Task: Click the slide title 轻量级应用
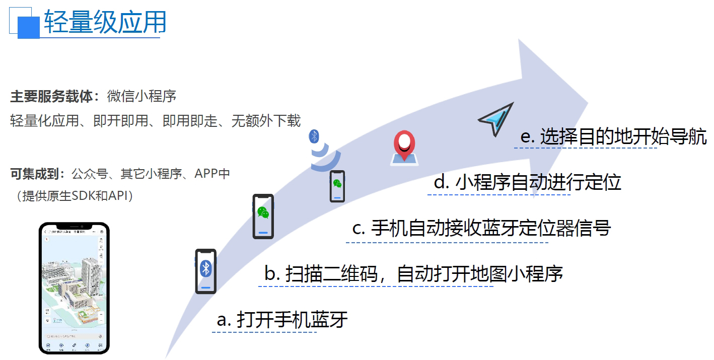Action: tap(105, 23)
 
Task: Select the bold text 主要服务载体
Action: tap(51, 97)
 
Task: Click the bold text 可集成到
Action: tap(37, 174)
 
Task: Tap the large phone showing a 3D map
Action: tap(74, 288)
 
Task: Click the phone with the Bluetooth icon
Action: tap(205, 271)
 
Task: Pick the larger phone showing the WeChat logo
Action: tap(263, 216)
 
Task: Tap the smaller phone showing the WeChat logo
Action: tap(337, 186)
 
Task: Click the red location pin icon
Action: tap(404, 147)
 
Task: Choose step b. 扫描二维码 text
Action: tap(413, 274)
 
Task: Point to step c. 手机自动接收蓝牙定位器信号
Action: tap(481, 228)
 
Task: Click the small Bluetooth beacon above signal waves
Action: tap(314, 136)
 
